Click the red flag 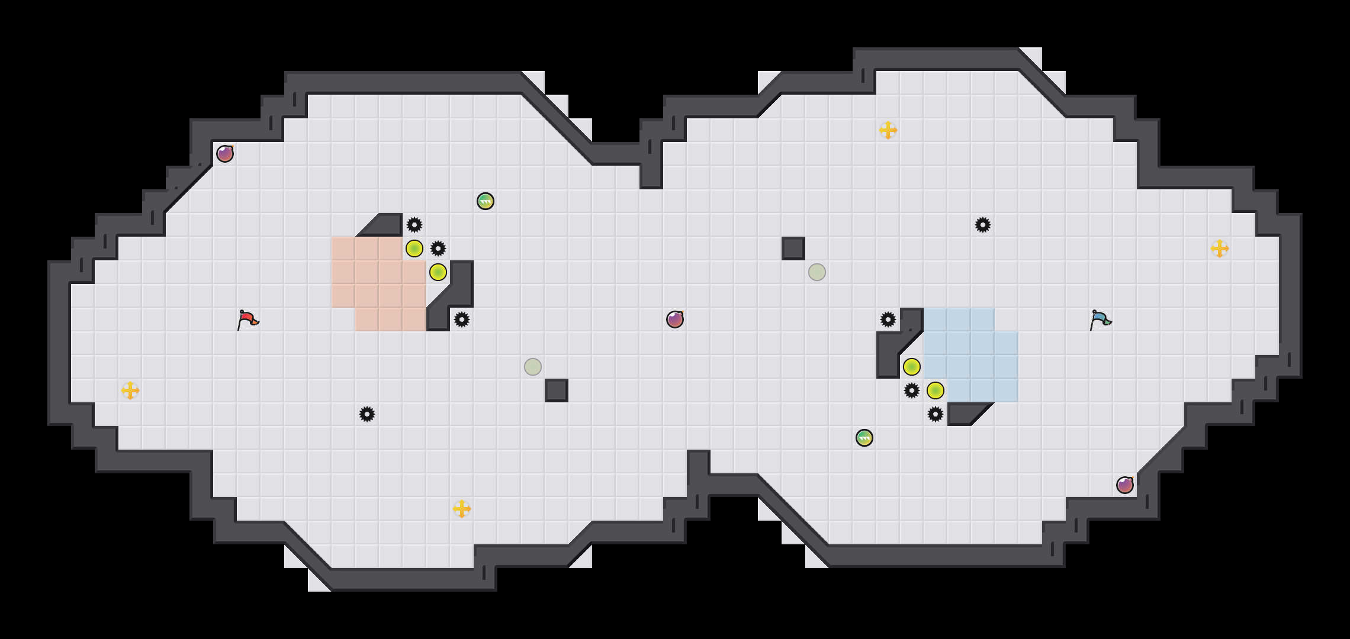(x=247, y=319)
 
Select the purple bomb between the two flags (x=675, y=319)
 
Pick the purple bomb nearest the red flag (x=225, y=154)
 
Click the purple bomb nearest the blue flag (x=1125, y=485)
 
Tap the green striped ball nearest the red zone (x=486, y=201)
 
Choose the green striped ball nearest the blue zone (x=864, y=438)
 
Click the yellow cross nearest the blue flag (x=1220, y=248)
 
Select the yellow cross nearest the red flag (x=130, y=390)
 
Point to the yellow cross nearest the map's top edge (x=888, y=130)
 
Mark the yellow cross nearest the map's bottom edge (x=462, y=509)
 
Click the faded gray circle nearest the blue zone (x=817, y=272)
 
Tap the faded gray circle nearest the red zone (x=533, y=367)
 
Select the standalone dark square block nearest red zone (x=557, y=390)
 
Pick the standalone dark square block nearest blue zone (x=793, y=248)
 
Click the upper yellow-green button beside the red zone (x=414, y=248)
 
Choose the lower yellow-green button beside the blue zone (x=936, y=390)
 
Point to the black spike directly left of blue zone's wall (x=888, y=319)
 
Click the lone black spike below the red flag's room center (x=367, y=414)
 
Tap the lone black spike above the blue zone (x=983, y=225)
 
